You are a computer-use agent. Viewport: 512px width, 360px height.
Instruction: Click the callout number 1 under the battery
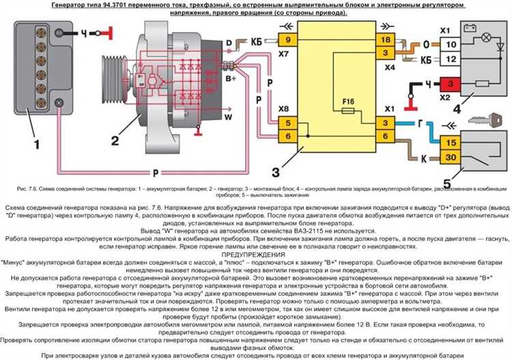coord(36,144)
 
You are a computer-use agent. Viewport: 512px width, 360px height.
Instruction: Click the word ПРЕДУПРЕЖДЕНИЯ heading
coord(256,255)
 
